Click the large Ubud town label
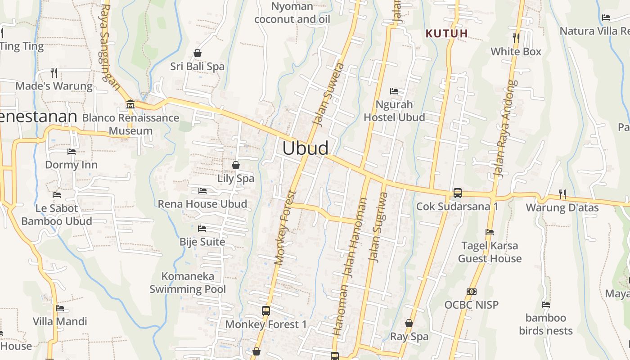pyautogui.click(x=306, y=148)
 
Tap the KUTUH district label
pyautogui.click(x=447, y=33)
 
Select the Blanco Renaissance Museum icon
pyautogui.click(x=130, y=104)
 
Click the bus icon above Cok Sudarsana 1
pyautogui.click(x=457, y=193)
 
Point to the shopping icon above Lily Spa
pyautogui.click(x=235, y=165)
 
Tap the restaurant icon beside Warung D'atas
pyautogui.click(x=562, y=194)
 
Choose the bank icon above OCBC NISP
pyautogui.click(x=471, y=292)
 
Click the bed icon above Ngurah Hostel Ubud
pyautogui.click(x=394, y=91)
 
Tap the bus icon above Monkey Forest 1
pyautogui.click(x=266, y=310)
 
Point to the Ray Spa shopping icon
pyautogui.click(x=409, y=323)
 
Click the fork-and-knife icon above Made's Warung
pyautogui.click(x=54, y=72)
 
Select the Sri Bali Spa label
pyautogui.click(x=197, y=67)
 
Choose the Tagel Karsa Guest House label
pyautogui.click(x=490, y=252)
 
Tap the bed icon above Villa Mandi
pyautogui.click(x=60, y=308)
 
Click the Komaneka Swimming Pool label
pyautogui.click(x=188, y=283)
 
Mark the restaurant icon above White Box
pyautogui.click(x=516, y=38)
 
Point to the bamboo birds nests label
pyautogui.click(x=545, y=324)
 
